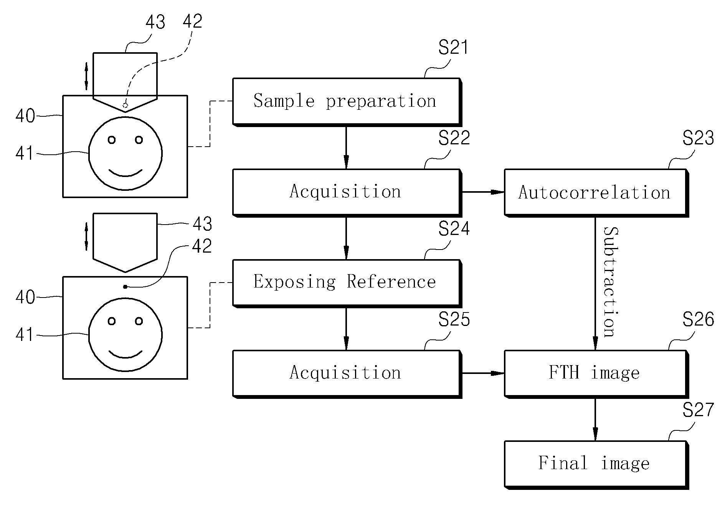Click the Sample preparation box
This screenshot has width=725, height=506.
coord(347,102)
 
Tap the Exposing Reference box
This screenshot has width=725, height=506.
coord(347,283)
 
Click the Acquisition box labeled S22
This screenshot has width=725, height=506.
coord(347,192)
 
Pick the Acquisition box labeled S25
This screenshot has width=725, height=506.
coord(347,374)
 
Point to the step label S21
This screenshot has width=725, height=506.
coord(454,48)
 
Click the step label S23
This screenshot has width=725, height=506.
coord(698,138)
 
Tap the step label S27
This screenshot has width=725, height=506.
coord(698,410)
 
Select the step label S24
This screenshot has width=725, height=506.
coord(454,229)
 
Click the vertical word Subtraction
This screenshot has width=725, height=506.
coord(611,282)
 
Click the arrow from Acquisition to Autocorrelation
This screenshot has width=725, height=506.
coord(483,192)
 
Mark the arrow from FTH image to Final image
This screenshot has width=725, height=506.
coord(595,420)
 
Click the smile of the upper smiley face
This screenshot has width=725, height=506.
coord(126,173)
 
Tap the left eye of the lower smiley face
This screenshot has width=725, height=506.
coord(112,321)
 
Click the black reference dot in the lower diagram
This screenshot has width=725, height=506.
coord(125,287)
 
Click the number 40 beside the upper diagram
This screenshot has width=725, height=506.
coord(25,116)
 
